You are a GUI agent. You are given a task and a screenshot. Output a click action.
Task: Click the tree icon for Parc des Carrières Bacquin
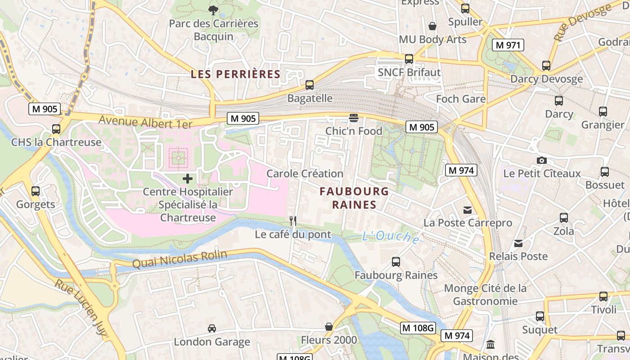coord(213,9)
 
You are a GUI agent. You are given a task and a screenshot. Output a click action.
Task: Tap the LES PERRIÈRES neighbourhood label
coord(235,74)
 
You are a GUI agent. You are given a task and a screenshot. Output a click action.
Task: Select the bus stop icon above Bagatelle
coord(310,85)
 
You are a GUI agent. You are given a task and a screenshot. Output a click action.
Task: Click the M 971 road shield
coord(508,45)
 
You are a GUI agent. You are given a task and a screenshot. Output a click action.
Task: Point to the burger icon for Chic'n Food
coord(354,118)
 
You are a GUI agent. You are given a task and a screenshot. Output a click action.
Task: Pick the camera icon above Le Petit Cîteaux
coord(542,160)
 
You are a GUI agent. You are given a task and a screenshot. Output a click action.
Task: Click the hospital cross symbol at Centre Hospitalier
coord(188,179)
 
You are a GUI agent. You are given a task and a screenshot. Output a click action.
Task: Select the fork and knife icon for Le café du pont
coord(293,220)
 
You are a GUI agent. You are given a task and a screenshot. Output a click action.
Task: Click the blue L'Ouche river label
coord(391,237)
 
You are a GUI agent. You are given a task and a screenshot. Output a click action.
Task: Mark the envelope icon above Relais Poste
coord(518,243)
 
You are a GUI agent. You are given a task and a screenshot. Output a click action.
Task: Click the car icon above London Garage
coord(212,328)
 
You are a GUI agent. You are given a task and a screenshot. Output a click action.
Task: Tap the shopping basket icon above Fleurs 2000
coord(329,327)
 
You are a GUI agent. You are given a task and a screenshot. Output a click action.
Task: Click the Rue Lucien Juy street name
coord(81,308)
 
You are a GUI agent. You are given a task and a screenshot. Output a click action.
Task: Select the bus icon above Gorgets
coord(36,191)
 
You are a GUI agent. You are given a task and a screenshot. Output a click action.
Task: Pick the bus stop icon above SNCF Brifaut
coord(409,59)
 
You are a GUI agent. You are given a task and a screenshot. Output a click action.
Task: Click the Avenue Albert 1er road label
coord(145,122)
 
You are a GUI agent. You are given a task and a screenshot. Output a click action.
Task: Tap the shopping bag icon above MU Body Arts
coord(432,26)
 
